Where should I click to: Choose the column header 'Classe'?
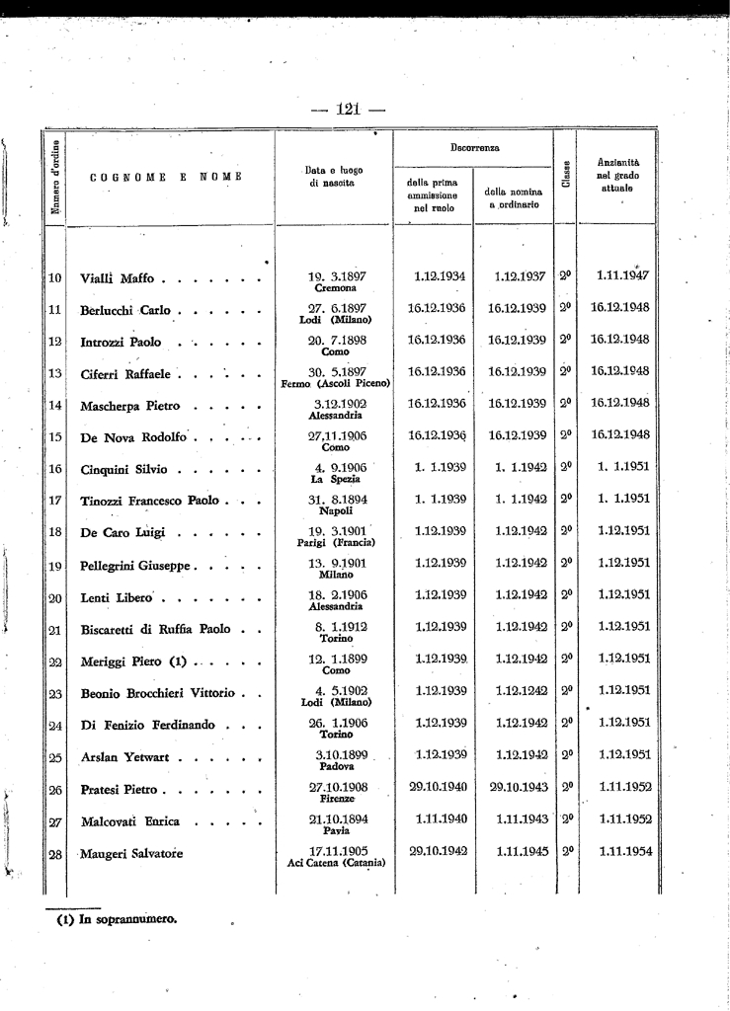[565, 178]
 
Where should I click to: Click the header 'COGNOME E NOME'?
[158, 178]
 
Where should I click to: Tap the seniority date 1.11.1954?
[621, 850]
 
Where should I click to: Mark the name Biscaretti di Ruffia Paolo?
[156, 629]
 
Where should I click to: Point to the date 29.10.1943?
[514, 787]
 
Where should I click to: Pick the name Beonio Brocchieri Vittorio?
[158, 693]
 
